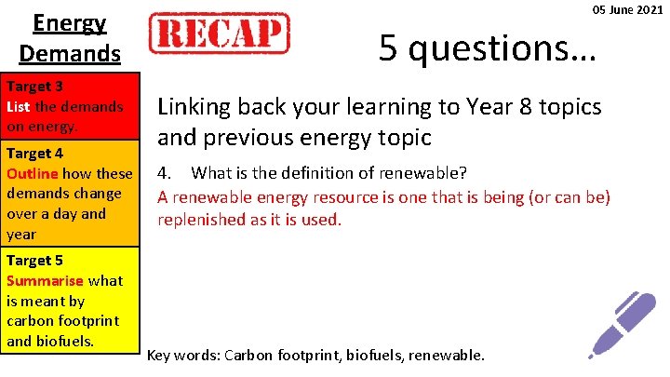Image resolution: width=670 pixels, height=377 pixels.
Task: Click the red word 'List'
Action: (19, 106)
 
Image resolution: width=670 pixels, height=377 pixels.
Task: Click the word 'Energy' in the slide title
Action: (70, 22)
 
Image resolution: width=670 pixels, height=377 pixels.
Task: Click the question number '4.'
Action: (164, 173)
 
